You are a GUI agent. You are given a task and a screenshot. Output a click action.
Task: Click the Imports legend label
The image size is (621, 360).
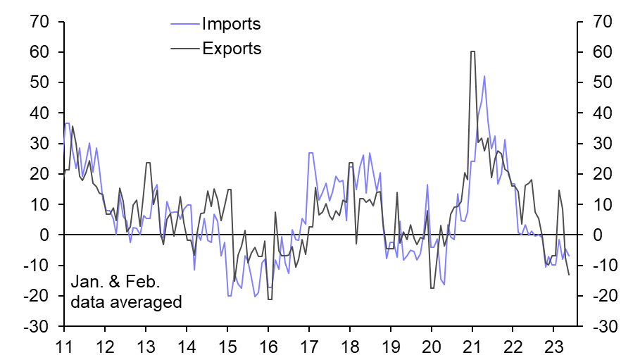[231, 24]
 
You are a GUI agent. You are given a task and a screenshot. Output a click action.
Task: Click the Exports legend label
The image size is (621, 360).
[232, 49]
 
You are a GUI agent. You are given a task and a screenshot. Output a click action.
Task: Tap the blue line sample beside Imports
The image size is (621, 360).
[184, 25]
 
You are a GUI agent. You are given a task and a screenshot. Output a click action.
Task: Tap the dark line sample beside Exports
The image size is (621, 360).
[184, 49]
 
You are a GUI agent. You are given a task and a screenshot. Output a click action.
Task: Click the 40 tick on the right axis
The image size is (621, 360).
[597, 113]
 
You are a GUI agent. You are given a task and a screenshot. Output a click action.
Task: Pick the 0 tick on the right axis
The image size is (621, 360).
[592, 235]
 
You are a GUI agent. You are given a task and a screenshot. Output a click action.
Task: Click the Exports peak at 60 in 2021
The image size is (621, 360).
[472, 51]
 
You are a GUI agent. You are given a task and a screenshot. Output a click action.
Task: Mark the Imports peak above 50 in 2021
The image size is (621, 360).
[484, 76]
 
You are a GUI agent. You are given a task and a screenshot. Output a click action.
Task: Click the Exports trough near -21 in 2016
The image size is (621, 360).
[269, 299]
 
